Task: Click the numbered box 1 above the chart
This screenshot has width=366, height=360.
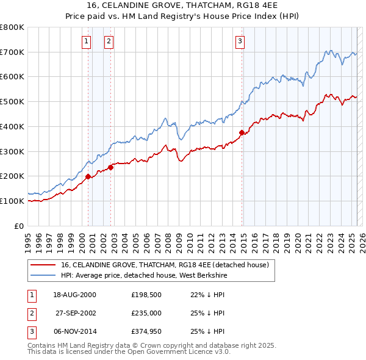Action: [86, 41]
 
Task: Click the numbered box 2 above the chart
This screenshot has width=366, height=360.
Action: [109, 41]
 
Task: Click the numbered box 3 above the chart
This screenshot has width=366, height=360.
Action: [240, 41]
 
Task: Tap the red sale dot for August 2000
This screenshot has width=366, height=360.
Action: [88, 176]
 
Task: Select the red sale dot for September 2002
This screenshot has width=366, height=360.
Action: [110, 167]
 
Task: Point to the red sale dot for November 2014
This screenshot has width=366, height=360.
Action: [242, 132]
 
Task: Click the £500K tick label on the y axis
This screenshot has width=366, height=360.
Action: [12, 101]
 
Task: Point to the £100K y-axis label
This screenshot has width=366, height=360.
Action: [12, 201]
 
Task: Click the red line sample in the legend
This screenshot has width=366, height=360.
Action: [42, 265]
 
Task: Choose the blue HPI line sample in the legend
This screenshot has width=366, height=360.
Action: [42, 275]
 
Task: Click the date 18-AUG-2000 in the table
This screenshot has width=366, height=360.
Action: [75, 295]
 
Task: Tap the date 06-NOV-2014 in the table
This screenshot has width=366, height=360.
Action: [75, 331]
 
